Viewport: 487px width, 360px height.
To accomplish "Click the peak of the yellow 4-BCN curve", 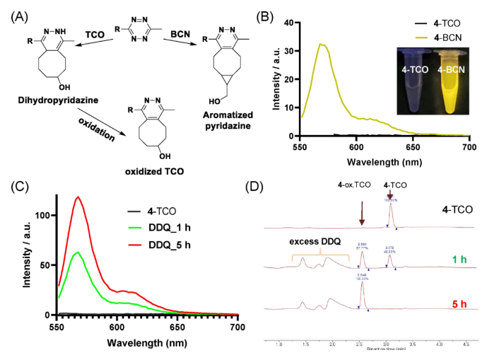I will point(321,44).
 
